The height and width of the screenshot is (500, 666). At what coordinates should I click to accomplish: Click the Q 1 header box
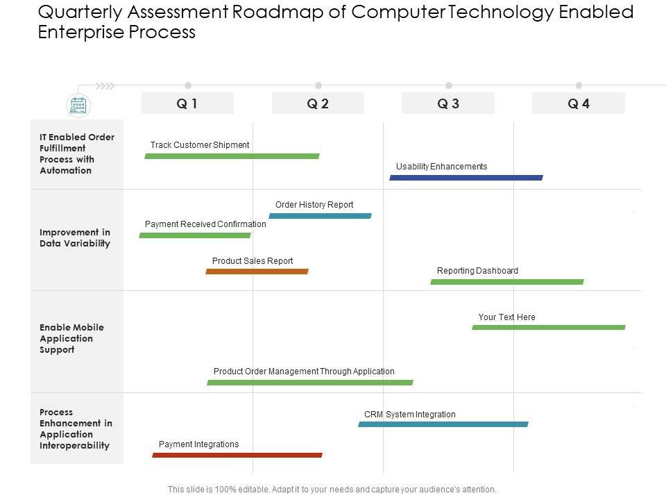pos(187,103)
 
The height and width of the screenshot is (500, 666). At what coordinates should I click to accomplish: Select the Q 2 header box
pos(318,103)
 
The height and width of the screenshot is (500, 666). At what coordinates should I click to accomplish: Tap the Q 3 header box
pos(448,103)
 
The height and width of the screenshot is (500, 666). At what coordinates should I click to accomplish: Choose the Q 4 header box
pos(579,103)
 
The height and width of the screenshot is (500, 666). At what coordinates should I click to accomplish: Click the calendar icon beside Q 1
pos(78,106)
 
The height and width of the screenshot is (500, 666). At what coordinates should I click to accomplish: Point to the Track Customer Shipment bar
pos(232,156)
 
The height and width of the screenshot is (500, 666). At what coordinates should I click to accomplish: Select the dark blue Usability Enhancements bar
pos(466,178)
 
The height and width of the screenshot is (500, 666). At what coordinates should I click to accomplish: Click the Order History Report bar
pos(320,216)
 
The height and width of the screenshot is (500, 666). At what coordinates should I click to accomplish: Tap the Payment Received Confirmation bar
pos(195,235)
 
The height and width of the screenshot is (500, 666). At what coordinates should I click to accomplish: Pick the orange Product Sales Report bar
pos(257,272)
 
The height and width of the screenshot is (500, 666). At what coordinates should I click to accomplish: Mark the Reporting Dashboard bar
pos(507,282)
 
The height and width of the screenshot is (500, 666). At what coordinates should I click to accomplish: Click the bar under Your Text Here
pos(549,327)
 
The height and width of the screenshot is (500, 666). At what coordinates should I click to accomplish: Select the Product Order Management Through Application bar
pos(310,382)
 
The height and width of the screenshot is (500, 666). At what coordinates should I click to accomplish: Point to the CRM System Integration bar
pos(443,424)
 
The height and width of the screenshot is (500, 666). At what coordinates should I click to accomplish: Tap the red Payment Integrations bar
pos(237,455)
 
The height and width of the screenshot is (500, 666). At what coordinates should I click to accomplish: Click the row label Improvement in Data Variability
pos(75,237)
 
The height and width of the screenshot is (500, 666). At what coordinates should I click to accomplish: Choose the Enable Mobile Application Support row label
pos(71,338)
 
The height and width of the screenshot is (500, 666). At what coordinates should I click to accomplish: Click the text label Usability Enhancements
pos(441,167)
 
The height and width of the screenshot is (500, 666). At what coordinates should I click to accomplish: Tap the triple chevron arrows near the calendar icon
pos(105,86)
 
